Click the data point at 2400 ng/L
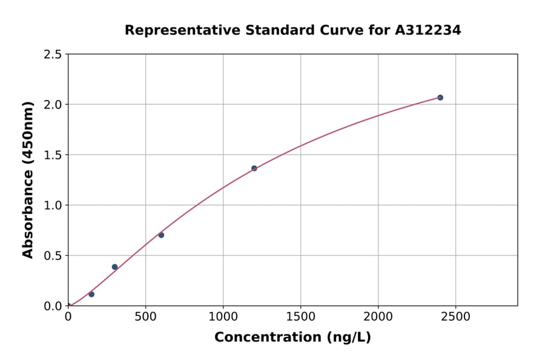[x=440, y=98]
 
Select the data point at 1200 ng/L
[x=254, y=168]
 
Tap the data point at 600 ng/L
[x=161, y=235]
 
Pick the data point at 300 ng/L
[x=114, y=267]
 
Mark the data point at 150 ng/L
[x=91, y=294]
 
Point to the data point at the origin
[x=68, y=305]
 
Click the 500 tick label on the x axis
[x=145, y=317]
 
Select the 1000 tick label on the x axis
[x=223, y=317]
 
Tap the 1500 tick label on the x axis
[x=300, y=317]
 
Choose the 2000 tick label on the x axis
[x=378, y=317]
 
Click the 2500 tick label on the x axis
[x=455, y=317]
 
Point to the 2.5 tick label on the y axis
[x=53, y=55]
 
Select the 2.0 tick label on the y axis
[x=53, y=105]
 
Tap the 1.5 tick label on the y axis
[x=53, y=155]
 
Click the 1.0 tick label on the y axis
[x=53, y=205]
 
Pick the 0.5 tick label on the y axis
[x=53, y=256]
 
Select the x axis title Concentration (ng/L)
[x=292, y=338]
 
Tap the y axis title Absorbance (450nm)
[x=28, y=180]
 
